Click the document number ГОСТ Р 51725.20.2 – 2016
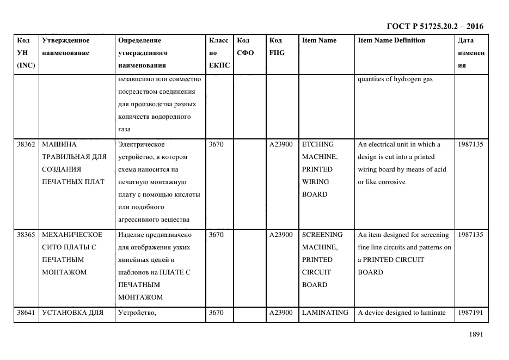(x=434, y=26)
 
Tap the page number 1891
(x=476, y=335)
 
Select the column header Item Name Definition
(x=391, y=40)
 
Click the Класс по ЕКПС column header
(x=219, y=53)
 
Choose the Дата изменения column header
(x=471, y=53)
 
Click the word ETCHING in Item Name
(x=318, y=145)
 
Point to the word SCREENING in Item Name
(x=322, y=235)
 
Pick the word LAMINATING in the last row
(x=325, y=313)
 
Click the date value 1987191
(x=470, y=313)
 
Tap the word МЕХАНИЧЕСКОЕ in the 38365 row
(x=72, y=235)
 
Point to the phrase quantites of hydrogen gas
(x=395, y=79)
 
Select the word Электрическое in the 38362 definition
(x=141, y=145)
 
